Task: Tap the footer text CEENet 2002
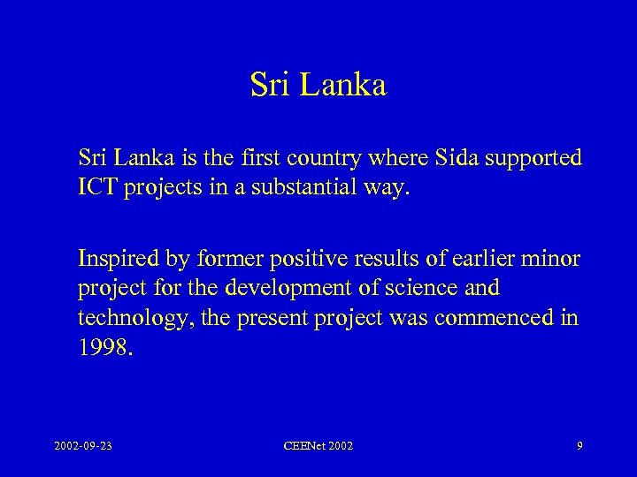tap(318, 447)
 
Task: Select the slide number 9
tap(579, 447)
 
